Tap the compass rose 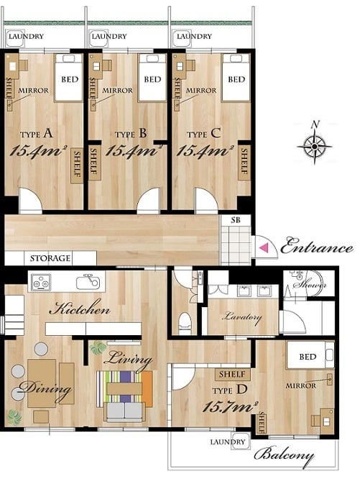coord(315,147)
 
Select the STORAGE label coord(50,258)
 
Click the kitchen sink coord(88,282)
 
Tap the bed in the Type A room coord(69,78)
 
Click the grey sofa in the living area coord(124,411)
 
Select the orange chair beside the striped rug coord(147,389)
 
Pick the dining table coord(42,383)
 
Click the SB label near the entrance coord(236,220)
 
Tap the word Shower coord(310,285)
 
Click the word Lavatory coord(243,317)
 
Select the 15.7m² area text coord(231,407)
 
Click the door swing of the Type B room coord(149,199)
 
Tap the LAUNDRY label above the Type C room coord(194,37)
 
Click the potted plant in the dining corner coord(14,417)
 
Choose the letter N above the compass coord(315,124)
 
